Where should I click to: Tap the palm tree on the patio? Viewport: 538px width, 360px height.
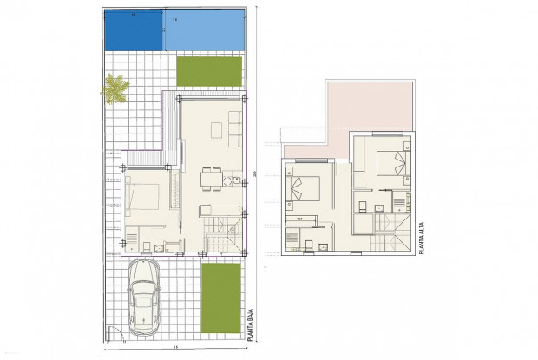tap(113, 87)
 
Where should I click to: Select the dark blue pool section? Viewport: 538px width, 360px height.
tap(134, 30)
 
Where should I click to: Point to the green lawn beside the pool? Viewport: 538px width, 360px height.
tap(208, 69)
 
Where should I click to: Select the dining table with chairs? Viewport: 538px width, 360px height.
tap(211, 178)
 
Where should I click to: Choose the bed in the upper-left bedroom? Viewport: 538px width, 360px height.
tap(306, 187)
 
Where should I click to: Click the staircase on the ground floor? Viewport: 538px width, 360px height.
tap(224, 235)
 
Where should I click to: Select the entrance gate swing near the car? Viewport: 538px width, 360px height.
tap(113, 334)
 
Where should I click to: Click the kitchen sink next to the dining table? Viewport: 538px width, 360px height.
tap(233, 180)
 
